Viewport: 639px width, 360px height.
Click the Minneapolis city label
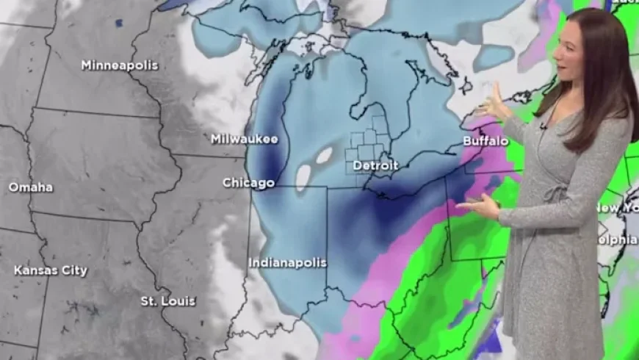point(119,65)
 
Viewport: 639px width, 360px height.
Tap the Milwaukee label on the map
point(244,139)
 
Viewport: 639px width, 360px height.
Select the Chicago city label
point(248,183)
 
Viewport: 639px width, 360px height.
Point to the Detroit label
point(375,166)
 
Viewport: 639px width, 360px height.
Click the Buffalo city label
point(485,140)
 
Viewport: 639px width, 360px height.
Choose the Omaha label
point(30,187)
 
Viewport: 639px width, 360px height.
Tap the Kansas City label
point(50,270)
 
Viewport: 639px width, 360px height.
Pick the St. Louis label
point(168,301)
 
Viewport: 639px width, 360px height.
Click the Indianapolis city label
point(287,262)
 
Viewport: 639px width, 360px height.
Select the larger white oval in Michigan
point(303,177)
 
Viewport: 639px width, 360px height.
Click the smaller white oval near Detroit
point(324,155)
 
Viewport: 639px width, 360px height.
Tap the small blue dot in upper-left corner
point(118,24)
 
